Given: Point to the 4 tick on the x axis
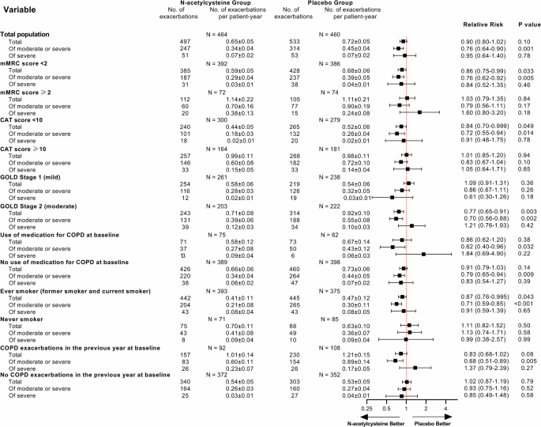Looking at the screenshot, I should pyautogui.click(x=446, y=408).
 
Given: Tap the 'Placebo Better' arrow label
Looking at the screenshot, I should pyautogui.click(x=435, y=422).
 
